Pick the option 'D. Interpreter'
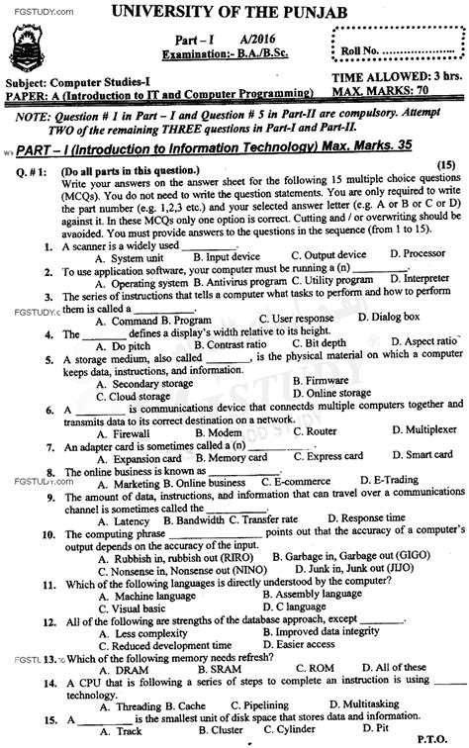[x=399, y=280]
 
